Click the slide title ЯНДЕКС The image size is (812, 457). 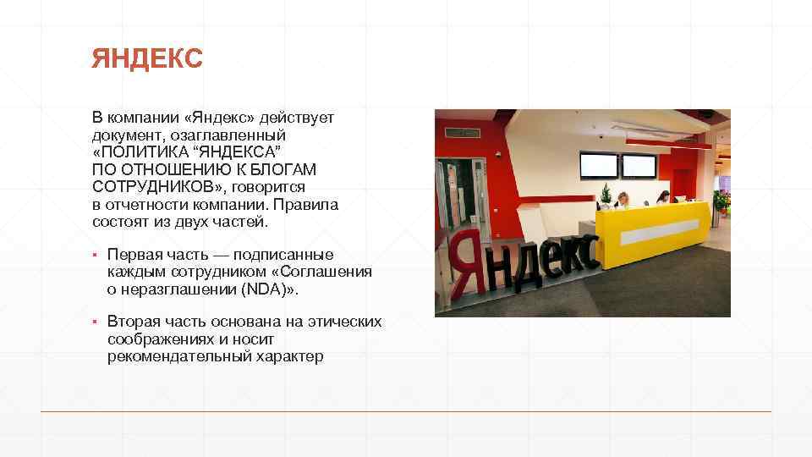tap(148, 59)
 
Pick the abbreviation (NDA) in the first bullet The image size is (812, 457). tap(266, 289)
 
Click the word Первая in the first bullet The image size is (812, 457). tap(131, 255)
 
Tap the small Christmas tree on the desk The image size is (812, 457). tap(606, 196)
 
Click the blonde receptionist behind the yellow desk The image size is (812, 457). tap(623, 200)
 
